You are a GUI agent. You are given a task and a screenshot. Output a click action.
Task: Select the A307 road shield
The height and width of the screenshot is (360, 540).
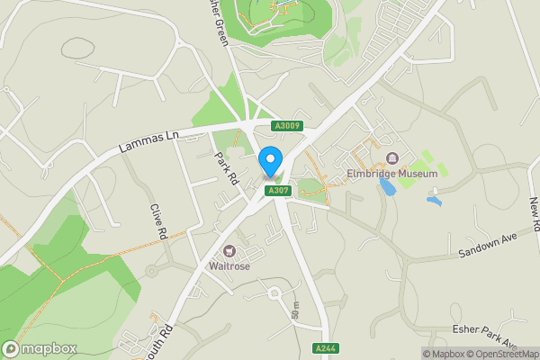(x=276, y=191)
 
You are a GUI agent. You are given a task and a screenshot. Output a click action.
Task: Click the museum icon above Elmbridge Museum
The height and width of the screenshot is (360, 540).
(x=392, y=158)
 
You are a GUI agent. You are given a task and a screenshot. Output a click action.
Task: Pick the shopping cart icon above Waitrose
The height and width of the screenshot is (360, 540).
(x=229, y=251)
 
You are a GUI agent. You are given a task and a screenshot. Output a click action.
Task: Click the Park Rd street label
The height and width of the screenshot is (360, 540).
(x=225, y=168)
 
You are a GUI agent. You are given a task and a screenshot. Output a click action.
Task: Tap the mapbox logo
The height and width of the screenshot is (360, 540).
(x=40, y=348)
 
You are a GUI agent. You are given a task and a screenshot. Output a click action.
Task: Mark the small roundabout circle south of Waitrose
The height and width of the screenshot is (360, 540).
(x=274, y=292)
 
